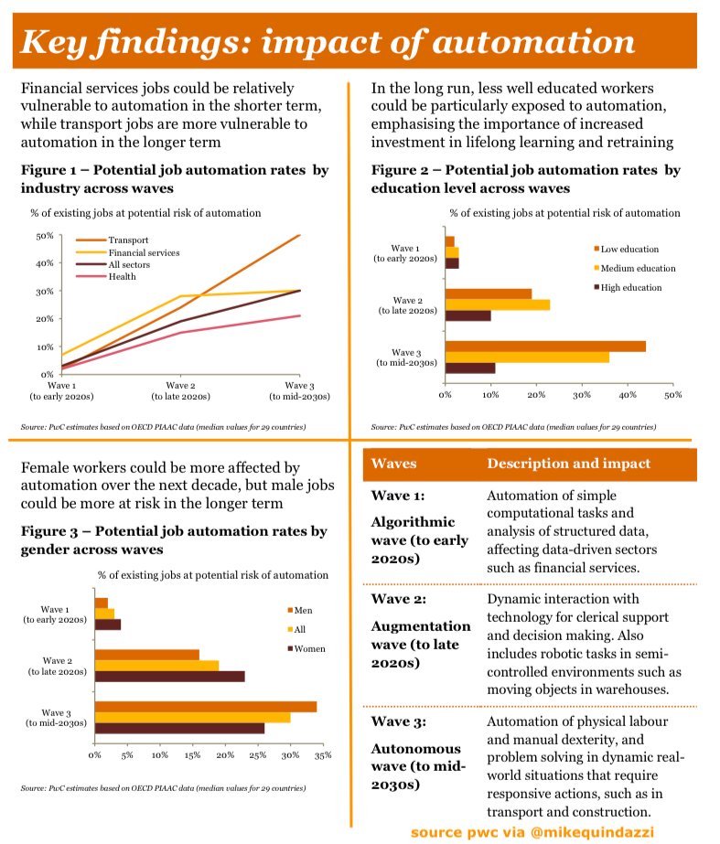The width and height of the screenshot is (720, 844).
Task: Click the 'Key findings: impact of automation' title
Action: (328, 42)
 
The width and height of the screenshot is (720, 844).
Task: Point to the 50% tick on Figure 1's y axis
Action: (44, 236)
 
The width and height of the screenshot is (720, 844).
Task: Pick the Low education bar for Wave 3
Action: (545, 346)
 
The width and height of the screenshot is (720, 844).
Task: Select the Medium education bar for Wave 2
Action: (498, 304)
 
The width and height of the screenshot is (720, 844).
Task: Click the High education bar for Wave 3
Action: (469, 369)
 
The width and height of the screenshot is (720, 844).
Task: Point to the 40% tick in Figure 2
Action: (627, 395)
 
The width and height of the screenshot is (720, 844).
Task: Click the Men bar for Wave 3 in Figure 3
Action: (206, 706)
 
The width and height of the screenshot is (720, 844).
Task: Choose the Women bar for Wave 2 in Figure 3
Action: (169, 677)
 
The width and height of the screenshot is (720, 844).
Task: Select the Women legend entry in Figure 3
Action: (307, 648)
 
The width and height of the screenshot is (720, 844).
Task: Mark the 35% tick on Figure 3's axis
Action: (322, 755)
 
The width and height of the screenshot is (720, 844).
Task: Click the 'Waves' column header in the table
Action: (393, 464)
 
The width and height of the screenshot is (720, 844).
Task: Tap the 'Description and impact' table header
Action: (568, 464)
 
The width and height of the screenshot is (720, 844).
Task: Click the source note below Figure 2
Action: (513, 427)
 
